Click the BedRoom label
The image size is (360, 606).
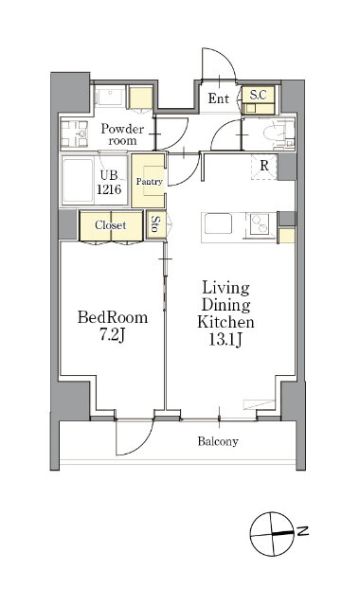(113, 317)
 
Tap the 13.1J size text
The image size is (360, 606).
(225, 339)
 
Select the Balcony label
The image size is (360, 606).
(218, 441)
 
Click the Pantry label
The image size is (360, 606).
(150, 181)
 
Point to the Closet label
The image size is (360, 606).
(111, 225)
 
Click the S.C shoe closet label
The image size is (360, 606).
(259, 95)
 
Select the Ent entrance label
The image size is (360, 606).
(219, 98)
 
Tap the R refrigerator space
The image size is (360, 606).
(264, 166)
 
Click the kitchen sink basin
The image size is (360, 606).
(218, 223)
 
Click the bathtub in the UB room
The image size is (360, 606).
(78, 180)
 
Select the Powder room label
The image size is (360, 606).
(122, 134)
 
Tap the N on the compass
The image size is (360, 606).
(303, 531)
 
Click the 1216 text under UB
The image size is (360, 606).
(109, 189)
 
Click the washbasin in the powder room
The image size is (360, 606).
(81, 134)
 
